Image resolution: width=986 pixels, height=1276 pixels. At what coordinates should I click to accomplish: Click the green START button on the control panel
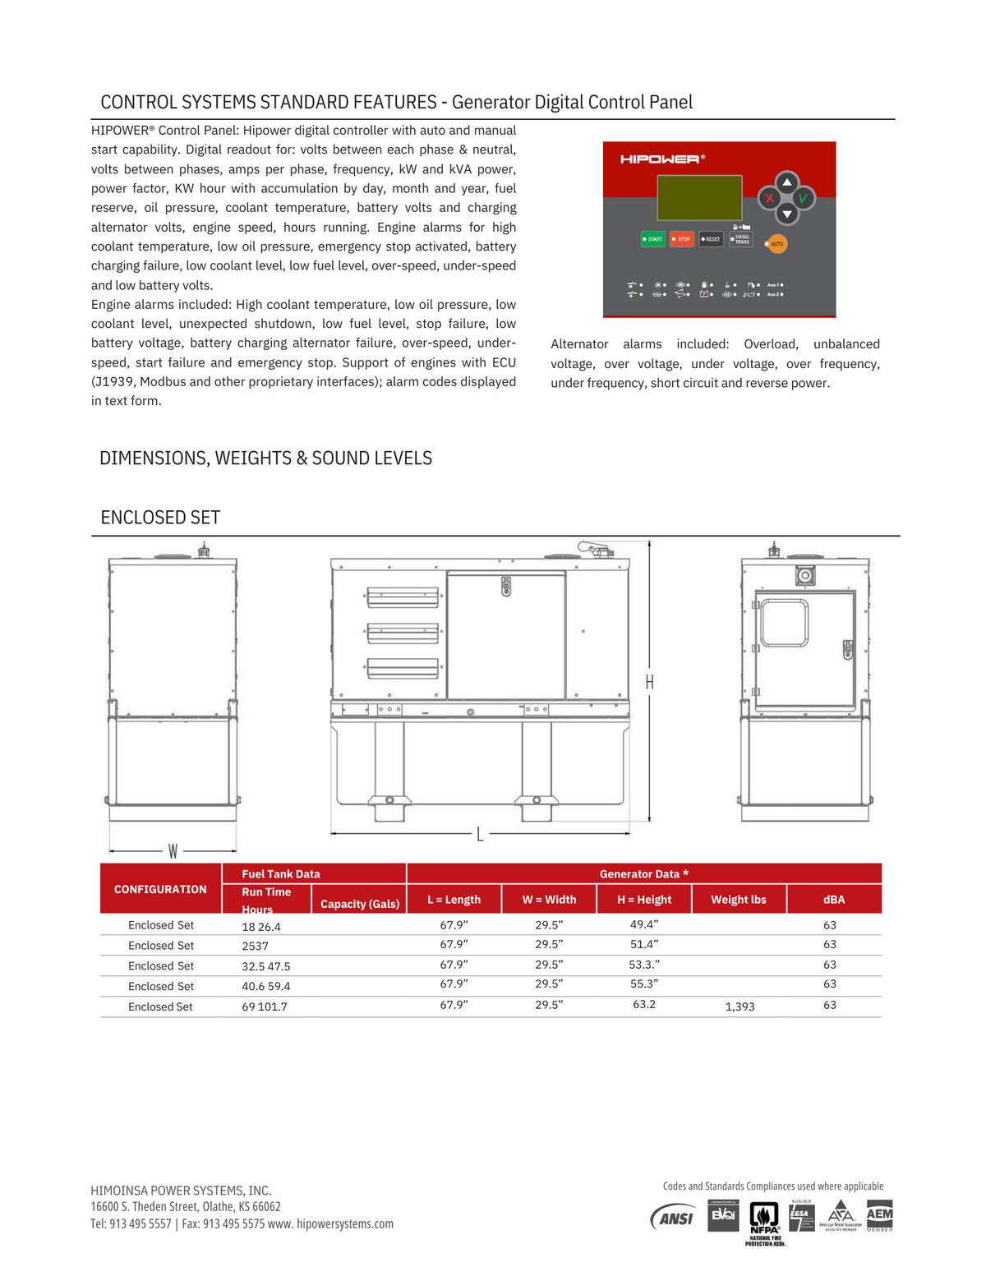coord(652,239)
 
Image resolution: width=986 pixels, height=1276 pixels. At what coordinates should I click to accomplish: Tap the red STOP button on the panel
coord(682,239)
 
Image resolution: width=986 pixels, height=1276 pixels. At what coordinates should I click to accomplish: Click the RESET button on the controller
coord(712,239)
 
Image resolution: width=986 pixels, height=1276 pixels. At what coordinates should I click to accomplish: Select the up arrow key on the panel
coord(787,182)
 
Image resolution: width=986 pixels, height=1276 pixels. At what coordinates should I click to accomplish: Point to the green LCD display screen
coord(699,197)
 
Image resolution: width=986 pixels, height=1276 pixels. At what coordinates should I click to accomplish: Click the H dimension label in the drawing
coord(649,682)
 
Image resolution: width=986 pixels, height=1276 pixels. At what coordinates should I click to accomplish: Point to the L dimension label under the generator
coord(480,835)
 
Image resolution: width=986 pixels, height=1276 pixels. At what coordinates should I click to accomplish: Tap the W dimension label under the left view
coord(173,851)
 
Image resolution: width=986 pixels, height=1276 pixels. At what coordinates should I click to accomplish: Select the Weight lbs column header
coord(739,900)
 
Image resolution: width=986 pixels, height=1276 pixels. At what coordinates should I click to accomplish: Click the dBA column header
coord(834,900)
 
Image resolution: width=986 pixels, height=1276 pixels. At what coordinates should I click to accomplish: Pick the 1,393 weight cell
coord(739,1007)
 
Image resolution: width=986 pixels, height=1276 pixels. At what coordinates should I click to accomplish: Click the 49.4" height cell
coord(644,924)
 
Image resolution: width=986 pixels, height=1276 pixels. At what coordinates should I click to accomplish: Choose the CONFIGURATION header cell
coord(160,889)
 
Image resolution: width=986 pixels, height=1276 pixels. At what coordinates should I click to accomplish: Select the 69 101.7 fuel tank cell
coord(265,1007)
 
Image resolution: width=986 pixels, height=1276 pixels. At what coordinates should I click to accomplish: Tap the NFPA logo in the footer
coord(765,1220)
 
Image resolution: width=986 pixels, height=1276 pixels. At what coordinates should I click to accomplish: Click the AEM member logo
coord(879,1216)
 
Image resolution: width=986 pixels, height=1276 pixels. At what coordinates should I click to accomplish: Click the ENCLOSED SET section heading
coord(160,518)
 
